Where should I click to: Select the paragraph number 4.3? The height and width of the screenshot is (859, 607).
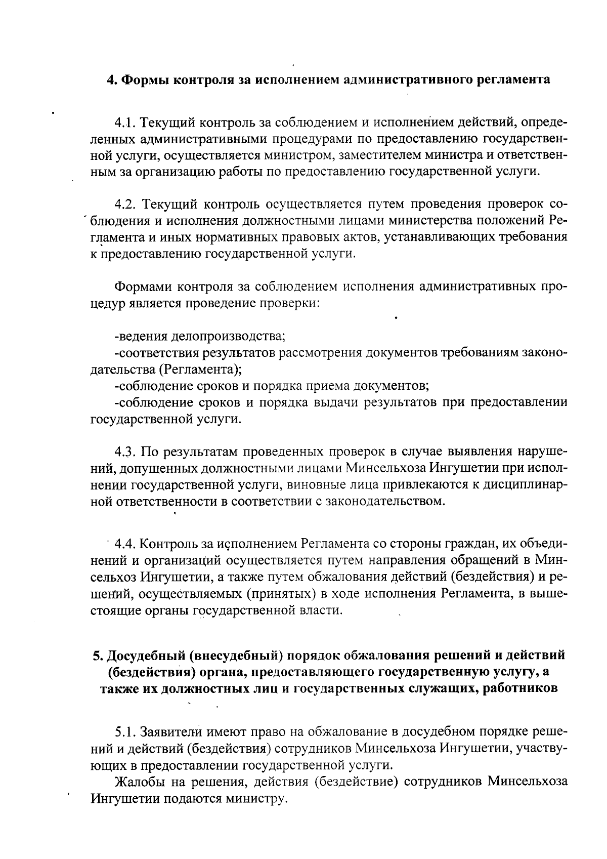(125, 452)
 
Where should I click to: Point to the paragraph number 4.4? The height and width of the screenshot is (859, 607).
(125, 545)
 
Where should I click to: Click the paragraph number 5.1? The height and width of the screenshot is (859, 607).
(125, 732)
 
